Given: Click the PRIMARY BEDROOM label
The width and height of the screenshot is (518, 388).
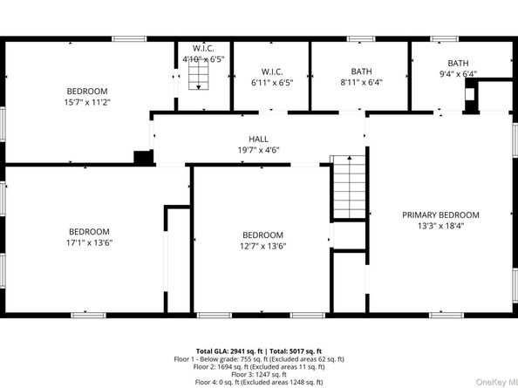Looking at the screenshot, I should pos(440,214).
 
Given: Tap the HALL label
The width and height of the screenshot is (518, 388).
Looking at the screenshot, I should pos(258,139).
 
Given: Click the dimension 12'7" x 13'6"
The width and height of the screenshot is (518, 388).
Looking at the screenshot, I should pos(262,246).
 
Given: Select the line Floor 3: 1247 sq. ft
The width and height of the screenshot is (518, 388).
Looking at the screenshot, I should pos(259,374).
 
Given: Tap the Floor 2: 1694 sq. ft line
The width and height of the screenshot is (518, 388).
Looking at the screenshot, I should pos(259,366).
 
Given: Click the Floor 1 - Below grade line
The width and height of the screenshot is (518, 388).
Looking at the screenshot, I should pos(259,358).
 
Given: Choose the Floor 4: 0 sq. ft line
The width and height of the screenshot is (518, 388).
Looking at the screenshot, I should pos(259,382).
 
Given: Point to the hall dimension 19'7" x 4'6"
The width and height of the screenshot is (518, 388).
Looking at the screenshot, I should pos(258,149).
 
